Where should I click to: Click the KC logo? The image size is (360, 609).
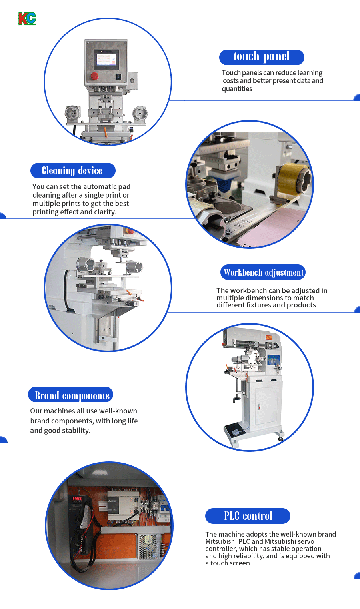point(27,19)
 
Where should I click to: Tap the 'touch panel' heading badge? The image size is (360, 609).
point(262,57)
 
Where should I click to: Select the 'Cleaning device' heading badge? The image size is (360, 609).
point(73,170)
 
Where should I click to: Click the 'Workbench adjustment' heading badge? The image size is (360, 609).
point(263,272)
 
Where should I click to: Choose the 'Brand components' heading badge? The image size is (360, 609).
point(71,395)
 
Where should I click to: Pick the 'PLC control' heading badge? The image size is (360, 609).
point(248,516)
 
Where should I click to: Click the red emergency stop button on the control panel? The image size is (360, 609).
point(94,76)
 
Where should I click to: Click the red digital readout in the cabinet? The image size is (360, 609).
point(77,498)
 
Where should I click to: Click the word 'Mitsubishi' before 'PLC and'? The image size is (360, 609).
point(221,541)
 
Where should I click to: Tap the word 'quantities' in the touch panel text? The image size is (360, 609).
point(237,89)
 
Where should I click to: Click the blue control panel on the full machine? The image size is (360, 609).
point(273,360)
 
